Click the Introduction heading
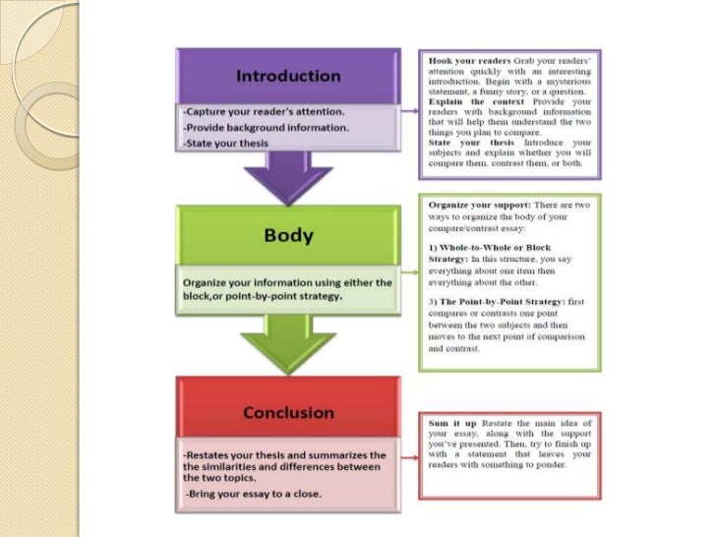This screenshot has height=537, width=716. click(x=288, y=76)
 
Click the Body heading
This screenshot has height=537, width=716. click(x=288, y=235)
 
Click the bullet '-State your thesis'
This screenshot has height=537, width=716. click(x=222, y=144)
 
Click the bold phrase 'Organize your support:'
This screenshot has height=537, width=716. click(x=476, y=204)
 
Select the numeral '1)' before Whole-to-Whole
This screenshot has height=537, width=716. click(x=434, y=246)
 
